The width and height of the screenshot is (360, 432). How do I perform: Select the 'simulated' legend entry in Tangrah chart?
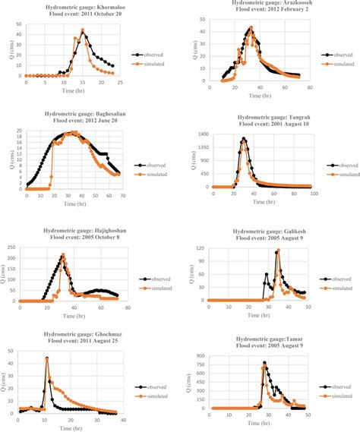tap(332, 174)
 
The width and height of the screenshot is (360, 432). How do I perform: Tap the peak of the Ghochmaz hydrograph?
tap(47, 358)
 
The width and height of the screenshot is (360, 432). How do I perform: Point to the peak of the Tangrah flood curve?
tap(244, 139)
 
